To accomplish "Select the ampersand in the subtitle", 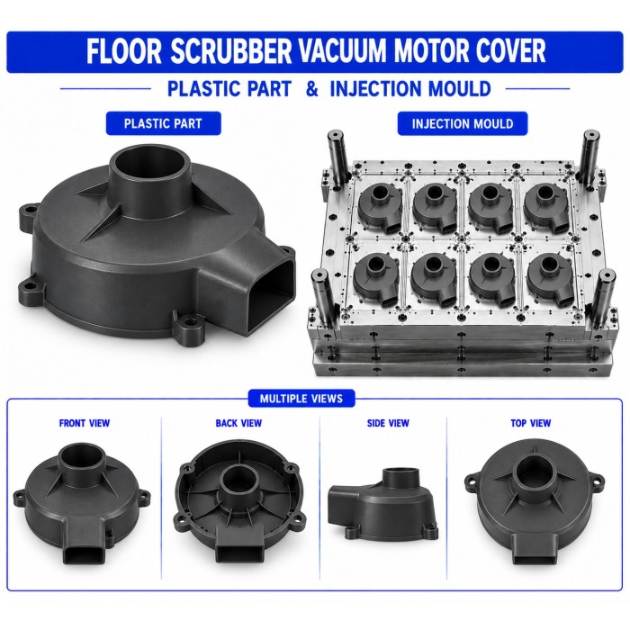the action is (x=311, y=89).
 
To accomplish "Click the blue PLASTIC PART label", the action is (x=163, y=123).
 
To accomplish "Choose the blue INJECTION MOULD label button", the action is (x=463, y=123).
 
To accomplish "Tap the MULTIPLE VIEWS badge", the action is (x=301, y=399).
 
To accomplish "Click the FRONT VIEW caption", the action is (x=85, y=423).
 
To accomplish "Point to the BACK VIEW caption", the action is (x=238, y=423).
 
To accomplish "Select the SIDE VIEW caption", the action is (x=388, y=423).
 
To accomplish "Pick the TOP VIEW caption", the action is (x=531, y=423).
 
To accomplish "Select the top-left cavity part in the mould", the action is (x=380, y=208).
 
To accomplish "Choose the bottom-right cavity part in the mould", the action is (x=550, y=281).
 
